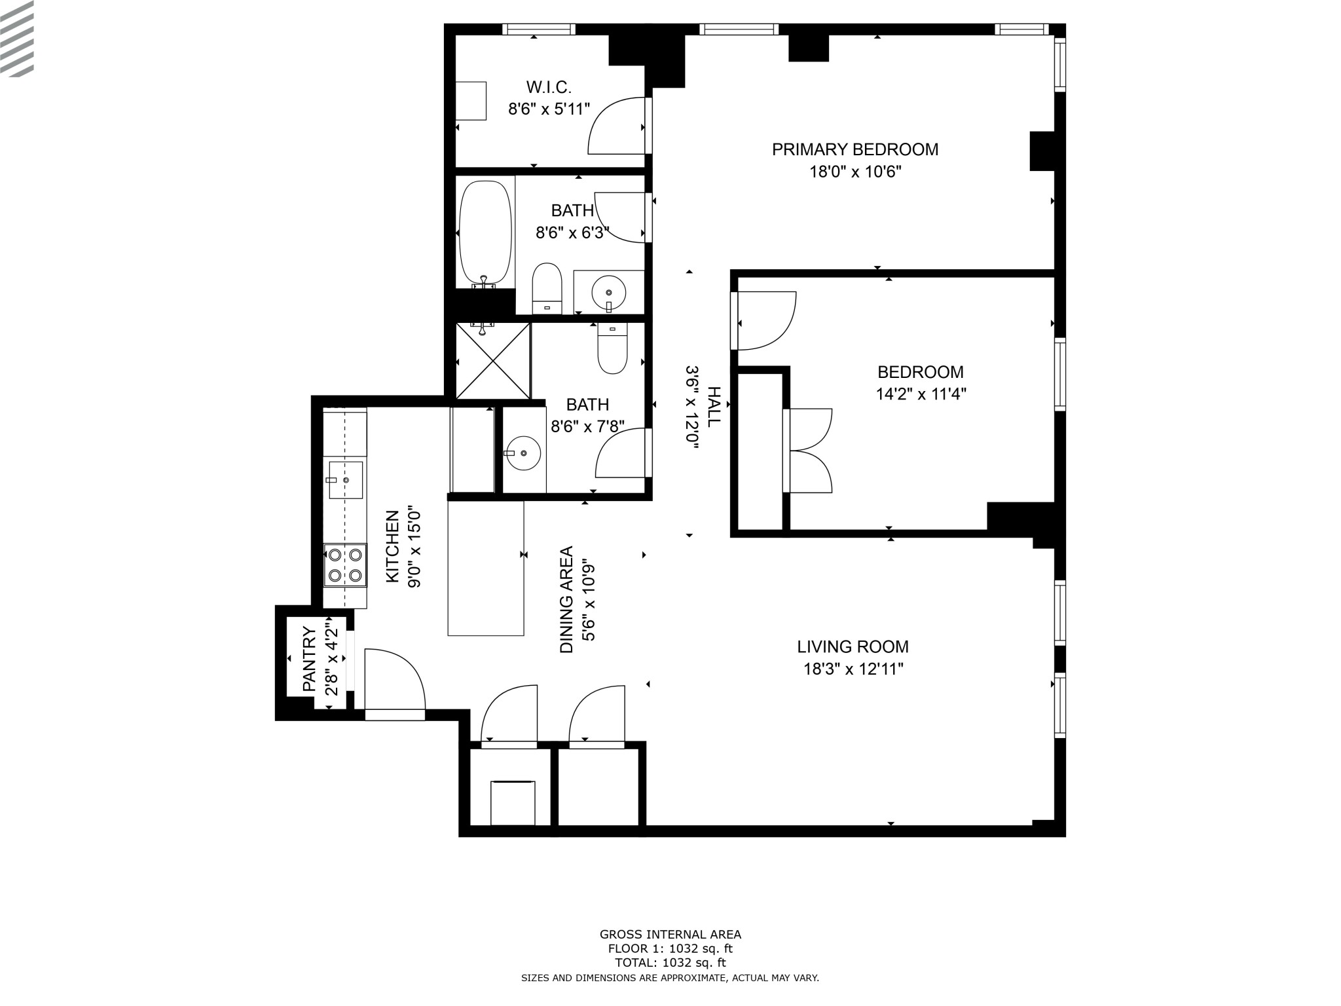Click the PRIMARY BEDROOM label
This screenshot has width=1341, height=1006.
click(854, 149)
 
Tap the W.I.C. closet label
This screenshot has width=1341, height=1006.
click(549, 86)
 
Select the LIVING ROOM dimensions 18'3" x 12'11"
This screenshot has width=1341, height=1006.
click(853, 669)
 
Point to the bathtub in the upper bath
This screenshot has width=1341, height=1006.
click(485, 234)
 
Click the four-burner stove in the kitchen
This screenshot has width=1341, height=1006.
click(345, 565)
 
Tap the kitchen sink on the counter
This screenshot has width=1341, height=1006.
click(345, 480)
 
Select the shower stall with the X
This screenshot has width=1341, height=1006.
click(492, 360)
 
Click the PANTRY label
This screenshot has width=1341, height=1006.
click(309, 660)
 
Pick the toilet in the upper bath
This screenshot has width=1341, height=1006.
click(547, 289)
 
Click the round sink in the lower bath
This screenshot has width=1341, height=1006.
click(523, 453)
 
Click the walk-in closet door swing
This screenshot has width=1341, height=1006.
click(616, 126)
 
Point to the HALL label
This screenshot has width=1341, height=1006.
click(713, 407)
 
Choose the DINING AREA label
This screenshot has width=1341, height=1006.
click(566, 600)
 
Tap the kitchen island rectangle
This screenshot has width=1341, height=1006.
click(486, 568)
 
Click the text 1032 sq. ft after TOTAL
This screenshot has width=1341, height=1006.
click(694, 963)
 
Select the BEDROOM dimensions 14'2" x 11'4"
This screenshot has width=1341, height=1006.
click(921, 394)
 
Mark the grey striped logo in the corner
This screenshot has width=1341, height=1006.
click(17, 39)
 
